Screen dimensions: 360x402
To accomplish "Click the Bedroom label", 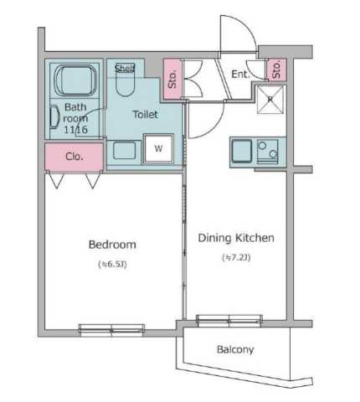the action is pyautogui.click(x=112, y=245).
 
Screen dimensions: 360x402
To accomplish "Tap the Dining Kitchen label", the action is pyautogui.click(x=236, y=238).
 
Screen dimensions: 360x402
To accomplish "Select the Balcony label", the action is pyautogui.click(x=235, y=349).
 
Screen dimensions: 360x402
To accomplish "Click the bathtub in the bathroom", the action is pyautogui.click(x=75, y=80).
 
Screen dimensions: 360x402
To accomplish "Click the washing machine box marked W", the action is pyautogui.click(x=158, y=148).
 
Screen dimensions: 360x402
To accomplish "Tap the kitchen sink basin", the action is pyautogui.click(x=242, y=152).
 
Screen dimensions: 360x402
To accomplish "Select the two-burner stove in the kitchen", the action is pyautogui.click(x=267, y=152).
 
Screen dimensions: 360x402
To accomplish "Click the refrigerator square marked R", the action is pyautogui.click(x=270, y=100).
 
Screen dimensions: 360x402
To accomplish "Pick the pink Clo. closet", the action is pyautogui.click(x=75, y=157).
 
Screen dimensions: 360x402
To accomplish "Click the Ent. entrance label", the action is pyautogui.click(x=240, y=75).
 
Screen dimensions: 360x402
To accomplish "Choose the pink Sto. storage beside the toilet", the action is pyautogui.click(x=172, y=79).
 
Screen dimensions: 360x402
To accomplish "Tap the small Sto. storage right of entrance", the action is pyautogui.click(x=276, y=70).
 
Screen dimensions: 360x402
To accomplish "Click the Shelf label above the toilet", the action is pyautogui.click(x=125, y=68).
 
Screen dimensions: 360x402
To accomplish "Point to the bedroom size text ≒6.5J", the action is pyautogui.click(x=112, y=264).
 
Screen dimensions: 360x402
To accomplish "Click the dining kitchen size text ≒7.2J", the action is pyautogui.click(x=236, y=257).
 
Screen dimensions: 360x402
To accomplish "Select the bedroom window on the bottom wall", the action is pyautogui.click(x=111, y=329).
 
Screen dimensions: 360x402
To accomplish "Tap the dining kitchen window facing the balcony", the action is pyautogui.click(x=229, y=321).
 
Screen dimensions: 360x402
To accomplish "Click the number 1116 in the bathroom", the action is pyautogui.click(x=75, y=130).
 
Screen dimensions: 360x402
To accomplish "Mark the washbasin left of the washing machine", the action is pyautogui.click(x=125, y=151).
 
